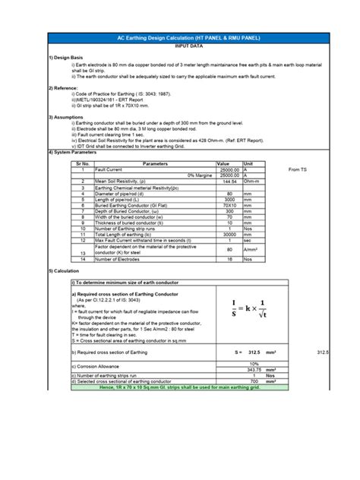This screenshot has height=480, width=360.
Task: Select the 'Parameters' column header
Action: pyautogui.click(x=155, y=163)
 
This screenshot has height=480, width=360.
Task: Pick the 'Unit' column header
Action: pyautogui.click(x=248, y=163)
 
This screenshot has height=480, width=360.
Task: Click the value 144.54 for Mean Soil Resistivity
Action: pyautogui.click(x=227, y=182)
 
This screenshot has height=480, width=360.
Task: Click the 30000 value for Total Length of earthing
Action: pyautogui.click(x=227, y=235)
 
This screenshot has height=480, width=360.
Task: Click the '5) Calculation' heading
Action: pyautogui.click(x=64, y=271)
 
